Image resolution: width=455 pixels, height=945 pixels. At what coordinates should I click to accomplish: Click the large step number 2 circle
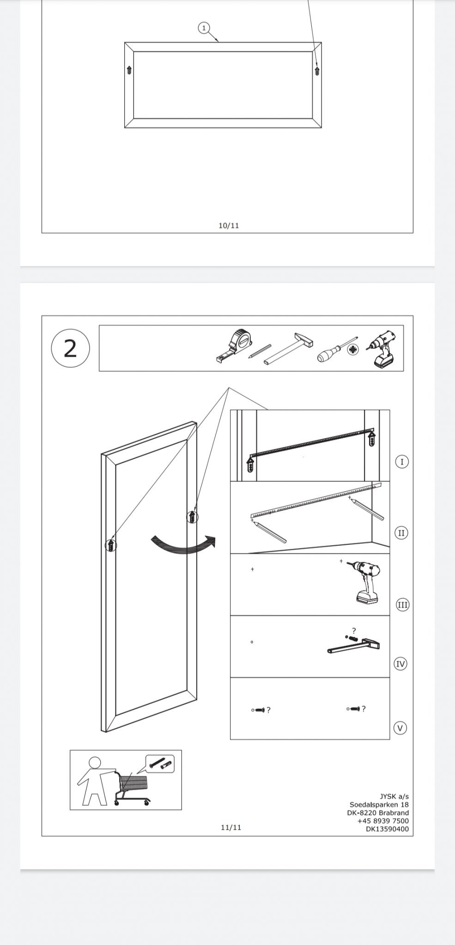pyautogui.click(x=70, y=348)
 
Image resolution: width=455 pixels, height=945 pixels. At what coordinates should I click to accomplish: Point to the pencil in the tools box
pyautogui.click(x=260, y=351)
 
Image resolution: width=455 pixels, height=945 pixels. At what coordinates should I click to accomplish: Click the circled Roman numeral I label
pyautogui.click(x=402, y=461)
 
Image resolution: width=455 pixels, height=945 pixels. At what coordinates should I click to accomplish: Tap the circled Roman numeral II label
pyautogui.click(x=401, y=533)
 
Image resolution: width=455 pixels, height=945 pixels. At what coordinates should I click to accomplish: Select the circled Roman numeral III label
pyautogui.click(x=403, y=605)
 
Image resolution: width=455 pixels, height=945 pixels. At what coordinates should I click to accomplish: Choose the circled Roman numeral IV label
pyautogui.click(x=400, y=664)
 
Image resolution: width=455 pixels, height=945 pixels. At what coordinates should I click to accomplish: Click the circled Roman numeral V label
pyautogui.click(x=400, y=728)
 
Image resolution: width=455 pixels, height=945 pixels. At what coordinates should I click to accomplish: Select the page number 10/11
pyautogui.click(x=229, y=226)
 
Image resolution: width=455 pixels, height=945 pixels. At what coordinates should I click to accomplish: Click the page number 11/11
pyautogui.click(x=231, y=827)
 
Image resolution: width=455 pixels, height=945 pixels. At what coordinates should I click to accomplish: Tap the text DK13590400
pyautogui.click(x=387, y=829)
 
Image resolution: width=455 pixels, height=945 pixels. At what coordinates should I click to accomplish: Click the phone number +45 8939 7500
pyautogui.click(x=383, y=821)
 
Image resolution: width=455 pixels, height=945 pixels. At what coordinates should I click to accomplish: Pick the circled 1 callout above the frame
pyautogui.click(x=204, y=28)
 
